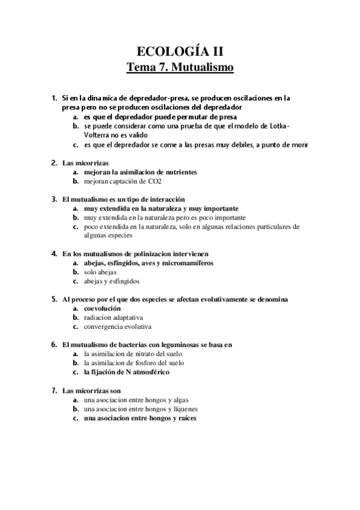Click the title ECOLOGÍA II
pyautogui.click(x=180, y=51)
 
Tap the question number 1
pyautogui.click(x=53, y=97)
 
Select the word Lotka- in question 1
pyautogui.click(x=277, y=126)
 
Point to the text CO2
pyautogui.click(x=154, y=180)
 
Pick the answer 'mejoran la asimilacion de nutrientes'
pyautogui.click(x=140, y=172)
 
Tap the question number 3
pyautogui.click(x=53, y=199)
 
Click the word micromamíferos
pyautogui.click(x=188, y=263)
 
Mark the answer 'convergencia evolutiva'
pyautogui.click(x=118, y=327)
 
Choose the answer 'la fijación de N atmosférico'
pyautogui.click(x=127, y=372)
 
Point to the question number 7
pyautogui.click(x=53, y=390)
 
